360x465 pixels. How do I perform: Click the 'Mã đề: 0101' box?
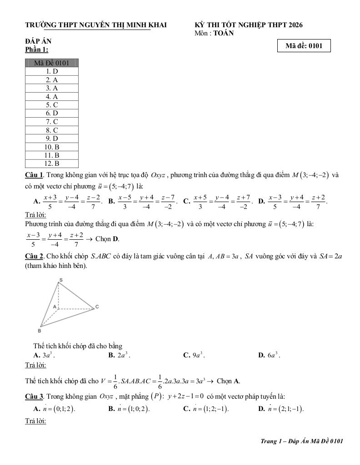tap(304, 46)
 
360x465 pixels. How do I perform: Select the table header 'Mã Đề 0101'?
tap(51, 63)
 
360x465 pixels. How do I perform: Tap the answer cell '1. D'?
tap(51, 71)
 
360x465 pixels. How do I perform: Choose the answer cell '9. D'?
tap(51, 139)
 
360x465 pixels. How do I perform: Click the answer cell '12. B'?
tap(51, 163)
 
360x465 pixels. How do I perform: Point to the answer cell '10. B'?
tap(51, 147)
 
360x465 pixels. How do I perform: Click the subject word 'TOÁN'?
tap(224, 33)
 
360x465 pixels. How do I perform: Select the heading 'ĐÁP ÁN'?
tap(38, 42)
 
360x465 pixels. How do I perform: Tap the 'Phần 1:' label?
tap(36, 49)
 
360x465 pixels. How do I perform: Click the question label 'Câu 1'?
tap(34, 175)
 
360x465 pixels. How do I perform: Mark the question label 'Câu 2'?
tap(34, 256)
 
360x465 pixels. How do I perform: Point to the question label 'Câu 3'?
tap(34, 396)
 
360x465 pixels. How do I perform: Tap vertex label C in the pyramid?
tap(97, 307)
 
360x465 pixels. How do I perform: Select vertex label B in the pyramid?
tap(40, 331)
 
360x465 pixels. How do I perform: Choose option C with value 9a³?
tap(194, 355)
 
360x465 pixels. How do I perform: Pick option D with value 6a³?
tap(269, 355)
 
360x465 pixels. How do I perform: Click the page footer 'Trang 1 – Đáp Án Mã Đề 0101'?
tap(302, 441)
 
